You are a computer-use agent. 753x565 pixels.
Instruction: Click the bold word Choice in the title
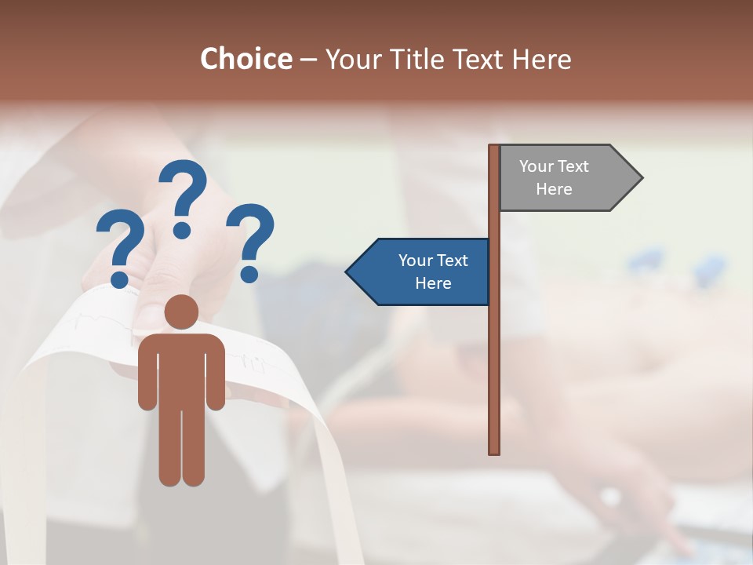(246, 59)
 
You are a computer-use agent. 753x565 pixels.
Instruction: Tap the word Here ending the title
(541, 59)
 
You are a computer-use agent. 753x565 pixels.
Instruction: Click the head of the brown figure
(181, 312)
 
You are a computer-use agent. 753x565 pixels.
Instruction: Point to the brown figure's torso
(181, 369)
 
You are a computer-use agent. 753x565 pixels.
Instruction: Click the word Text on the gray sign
(573, 166)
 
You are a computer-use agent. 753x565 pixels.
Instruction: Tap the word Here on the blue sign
(433, 283)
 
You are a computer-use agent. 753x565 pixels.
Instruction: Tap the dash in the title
(308, 60)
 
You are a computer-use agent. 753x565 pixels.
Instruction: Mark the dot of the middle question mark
(182, 230)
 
